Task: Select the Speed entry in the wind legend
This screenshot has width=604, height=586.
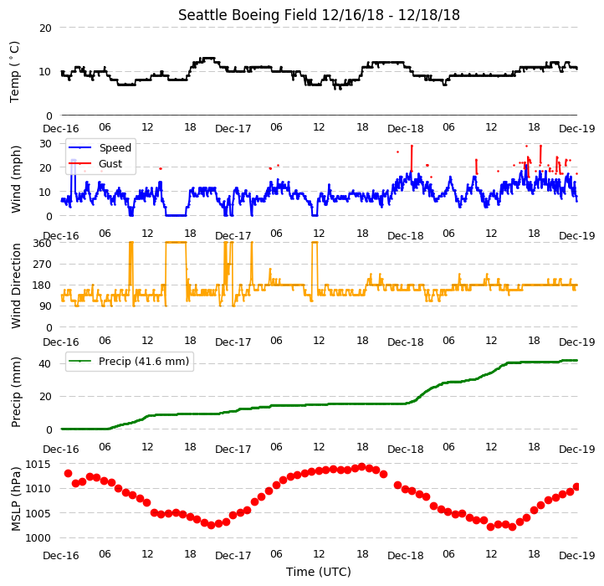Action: (115, 147)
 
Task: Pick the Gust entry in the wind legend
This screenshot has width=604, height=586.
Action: (110, 163)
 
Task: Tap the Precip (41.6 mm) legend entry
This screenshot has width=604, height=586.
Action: (144, 362)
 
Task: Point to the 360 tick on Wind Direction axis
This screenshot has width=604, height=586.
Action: (42, 244)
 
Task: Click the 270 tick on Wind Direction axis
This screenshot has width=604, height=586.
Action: (42, 265)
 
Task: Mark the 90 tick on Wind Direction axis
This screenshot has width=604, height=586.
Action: (45, 306)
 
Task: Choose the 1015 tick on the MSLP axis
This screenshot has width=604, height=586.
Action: (38, 464)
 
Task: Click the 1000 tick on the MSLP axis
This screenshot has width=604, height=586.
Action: (38, 537)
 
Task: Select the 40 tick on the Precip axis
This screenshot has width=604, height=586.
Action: (45, 364)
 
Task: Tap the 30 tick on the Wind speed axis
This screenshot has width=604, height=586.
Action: (45, 144)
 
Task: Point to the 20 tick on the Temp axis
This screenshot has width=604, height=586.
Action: (45, 28)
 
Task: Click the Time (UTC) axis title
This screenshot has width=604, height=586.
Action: (319, 572)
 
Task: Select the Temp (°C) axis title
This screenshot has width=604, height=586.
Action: (14, 72)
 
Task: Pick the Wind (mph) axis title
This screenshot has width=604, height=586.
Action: (15, 180)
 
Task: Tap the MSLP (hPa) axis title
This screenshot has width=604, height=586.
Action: (15, 499)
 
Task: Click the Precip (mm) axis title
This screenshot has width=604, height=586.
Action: (15, 392)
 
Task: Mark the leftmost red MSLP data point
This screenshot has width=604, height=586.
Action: (69, 473)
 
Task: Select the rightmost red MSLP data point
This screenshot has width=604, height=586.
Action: (576, 487)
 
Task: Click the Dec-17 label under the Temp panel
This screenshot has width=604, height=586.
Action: (233, 129)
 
